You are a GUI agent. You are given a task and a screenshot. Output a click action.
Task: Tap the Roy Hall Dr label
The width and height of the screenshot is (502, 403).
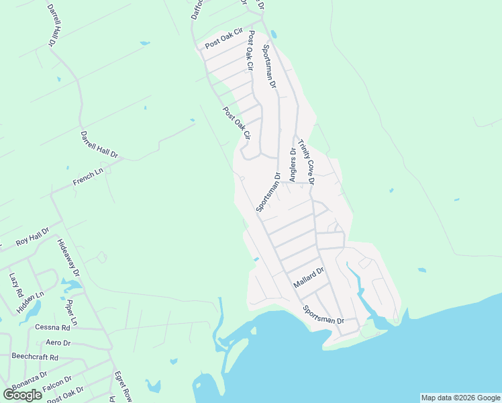33,236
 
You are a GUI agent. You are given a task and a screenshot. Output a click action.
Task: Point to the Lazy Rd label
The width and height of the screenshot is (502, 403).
16,285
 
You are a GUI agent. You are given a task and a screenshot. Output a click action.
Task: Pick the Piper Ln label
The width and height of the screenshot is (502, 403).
72,312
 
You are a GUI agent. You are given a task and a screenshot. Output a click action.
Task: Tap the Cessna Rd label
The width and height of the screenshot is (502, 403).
53,328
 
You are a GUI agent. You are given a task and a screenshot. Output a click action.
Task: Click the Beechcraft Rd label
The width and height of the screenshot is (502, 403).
35,357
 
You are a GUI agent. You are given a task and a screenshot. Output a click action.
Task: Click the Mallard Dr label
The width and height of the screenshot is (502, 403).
309,278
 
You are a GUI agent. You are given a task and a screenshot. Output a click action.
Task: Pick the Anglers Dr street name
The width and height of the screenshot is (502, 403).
293,165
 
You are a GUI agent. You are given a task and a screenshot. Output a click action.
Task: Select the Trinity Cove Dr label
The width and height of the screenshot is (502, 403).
307,161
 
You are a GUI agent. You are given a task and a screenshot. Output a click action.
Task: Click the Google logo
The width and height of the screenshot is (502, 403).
23,394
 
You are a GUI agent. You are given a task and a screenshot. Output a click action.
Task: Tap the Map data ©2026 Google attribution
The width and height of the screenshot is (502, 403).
460,398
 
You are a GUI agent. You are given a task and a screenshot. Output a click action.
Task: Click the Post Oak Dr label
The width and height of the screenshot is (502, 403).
65,394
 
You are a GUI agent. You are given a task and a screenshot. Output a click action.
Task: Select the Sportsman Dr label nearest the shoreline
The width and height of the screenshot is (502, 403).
323,316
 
